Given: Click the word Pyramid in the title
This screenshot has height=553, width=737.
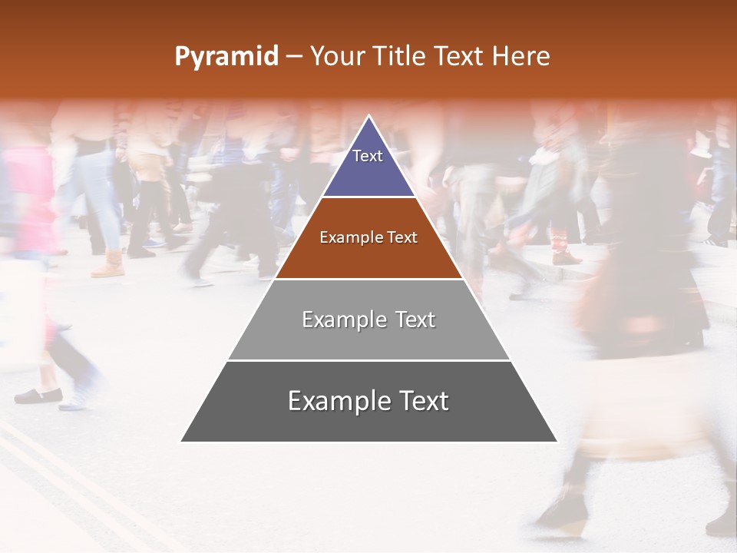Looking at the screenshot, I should point(226,57).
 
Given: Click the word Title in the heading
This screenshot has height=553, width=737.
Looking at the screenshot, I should point(401,56).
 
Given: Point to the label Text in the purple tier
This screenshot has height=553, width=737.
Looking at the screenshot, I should point(368,156).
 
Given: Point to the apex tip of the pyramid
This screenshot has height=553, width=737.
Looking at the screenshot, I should point(369,118).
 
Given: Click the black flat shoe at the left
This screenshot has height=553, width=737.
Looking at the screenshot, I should point(38,396).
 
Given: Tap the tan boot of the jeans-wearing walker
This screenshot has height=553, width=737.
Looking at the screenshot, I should point(108,265).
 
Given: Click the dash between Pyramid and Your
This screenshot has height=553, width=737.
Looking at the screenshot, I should point(294,57).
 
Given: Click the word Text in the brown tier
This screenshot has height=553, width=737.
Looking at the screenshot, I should point(402,238).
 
